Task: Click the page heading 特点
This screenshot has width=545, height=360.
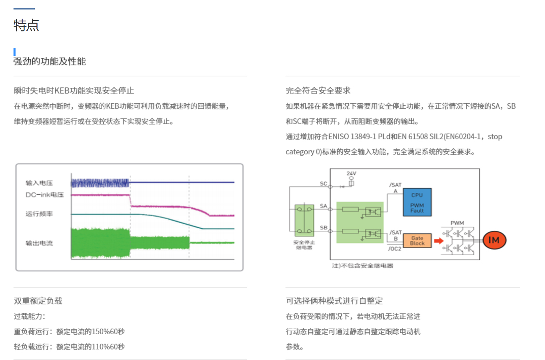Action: (26, 25)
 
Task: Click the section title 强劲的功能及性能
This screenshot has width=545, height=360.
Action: (50, 61)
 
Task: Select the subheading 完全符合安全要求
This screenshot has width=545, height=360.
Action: (318, 91)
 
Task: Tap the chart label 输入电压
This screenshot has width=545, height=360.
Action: (39, 183)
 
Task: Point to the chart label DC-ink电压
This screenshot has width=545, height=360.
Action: (45, 195)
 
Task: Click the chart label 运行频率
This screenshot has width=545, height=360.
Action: (39, 214)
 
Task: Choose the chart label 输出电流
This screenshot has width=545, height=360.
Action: (39, 243)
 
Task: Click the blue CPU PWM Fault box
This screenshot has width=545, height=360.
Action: (417, 202)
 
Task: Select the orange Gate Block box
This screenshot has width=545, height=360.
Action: (417, 240)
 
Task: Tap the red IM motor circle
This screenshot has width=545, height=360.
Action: (494, 240)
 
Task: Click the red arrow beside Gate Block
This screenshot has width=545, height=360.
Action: (438, 241)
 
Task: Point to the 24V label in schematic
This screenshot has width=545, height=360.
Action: (351, 173)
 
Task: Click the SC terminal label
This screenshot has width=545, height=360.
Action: (323, 183)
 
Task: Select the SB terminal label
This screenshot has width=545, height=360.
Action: (323, 228)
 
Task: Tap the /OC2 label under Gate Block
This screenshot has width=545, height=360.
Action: (394, 249)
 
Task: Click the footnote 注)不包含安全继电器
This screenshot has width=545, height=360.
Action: (362, 266)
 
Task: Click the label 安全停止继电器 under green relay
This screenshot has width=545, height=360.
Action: (304, 245)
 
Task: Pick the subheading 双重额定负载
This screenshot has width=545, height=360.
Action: (38, 301)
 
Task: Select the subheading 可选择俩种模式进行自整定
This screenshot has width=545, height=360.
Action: (334, 301)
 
